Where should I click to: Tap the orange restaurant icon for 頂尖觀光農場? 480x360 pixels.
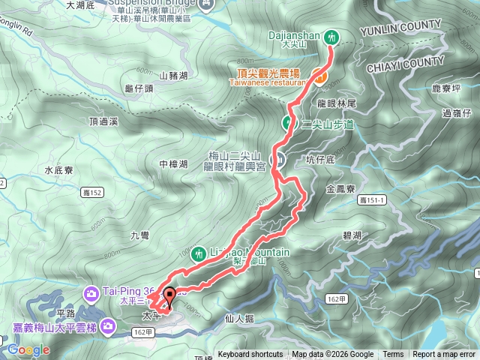click(x=319, y=76)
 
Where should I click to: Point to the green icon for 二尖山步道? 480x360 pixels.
click(x=288, y=123)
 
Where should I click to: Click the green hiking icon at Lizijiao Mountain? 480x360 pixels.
click(x=198, y=253)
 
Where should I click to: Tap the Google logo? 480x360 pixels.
click(x=28, y=349)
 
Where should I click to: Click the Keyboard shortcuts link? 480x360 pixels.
click(x=250, y=355)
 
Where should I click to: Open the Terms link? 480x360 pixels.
click(x=393, y=355)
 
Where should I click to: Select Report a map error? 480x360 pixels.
click(x=445, y=355)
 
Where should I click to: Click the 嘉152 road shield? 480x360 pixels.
click(x=91, y=193)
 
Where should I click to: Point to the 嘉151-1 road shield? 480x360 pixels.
click(x=371, y=200)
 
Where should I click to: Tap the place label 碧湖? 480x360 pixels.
click(x=352, y=235)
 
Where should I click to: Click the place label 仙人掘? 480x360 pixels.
click(x=239, y=319)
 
